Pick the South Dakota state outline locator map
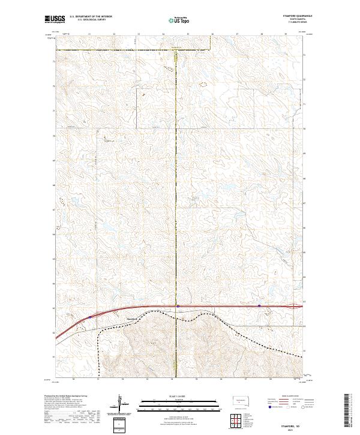click(x=241, y=400)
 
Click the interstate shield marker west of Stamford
click(x=90, y=317)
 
